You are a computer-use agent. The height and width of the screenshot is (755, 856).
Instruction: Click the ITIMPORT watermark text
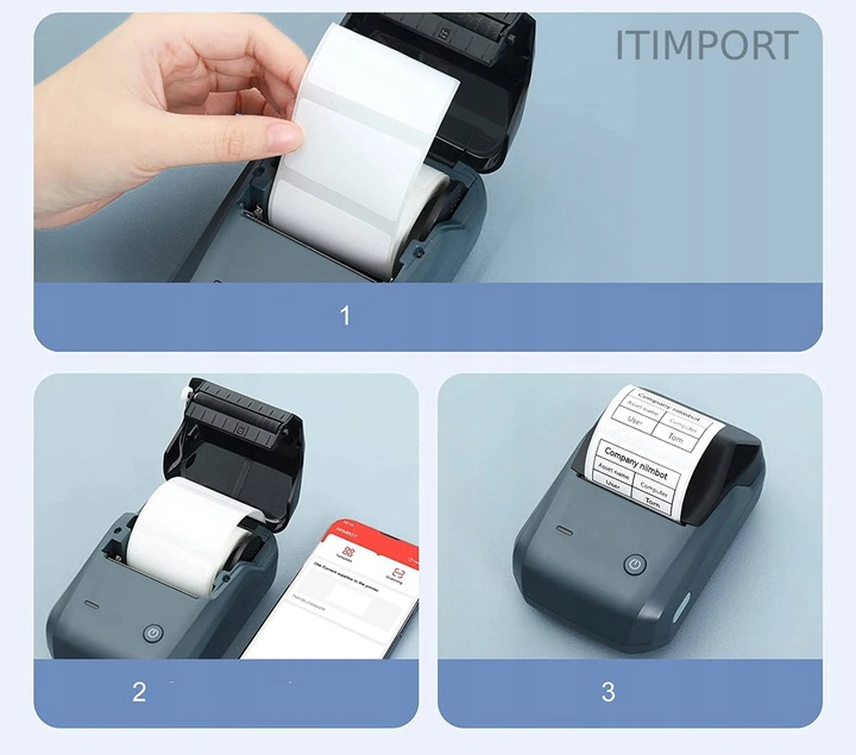click(706, 45)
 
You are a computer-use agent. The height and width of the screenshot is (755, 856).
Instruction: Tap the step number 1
click(345, 316)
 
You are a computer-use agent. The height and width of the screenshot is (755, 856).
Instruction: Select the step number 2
click(139, 692)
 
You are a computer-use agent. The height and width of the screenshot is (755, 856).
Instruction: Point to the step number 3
click(608, 692)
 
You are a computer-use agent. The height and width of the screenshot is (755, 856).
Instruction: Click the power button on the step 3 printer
click(634, 564)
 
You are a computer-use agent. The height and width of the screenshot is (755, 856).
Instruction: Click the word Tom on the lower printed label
click(653, 502)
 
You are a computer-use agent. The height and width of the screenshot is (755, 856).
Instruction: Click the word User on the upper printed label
click(635, 419)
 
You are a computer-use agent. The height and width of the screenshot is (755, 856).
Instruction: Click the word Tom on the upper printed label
click(676, 437)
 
